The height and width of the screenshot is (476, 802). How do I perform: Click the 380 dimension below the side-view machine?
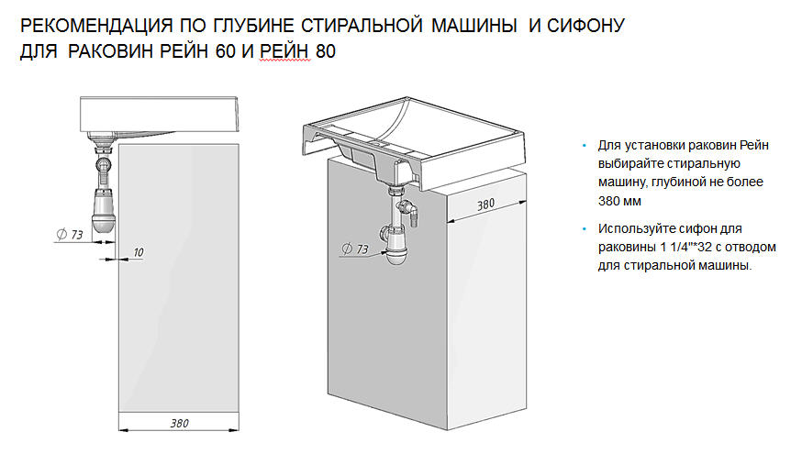click(180, 424)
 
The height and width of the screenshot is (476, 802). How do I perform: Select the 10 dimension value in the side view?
click(138, 250)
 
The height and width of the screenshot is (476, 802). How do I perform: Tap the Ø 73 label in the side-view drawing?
click(70, 236)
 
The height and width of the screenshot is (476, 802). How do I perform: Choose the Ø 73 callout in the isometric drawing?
click(354, 249)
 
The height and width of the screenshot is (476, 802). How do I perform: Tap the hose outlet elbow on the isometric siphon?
click(413, 216)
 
